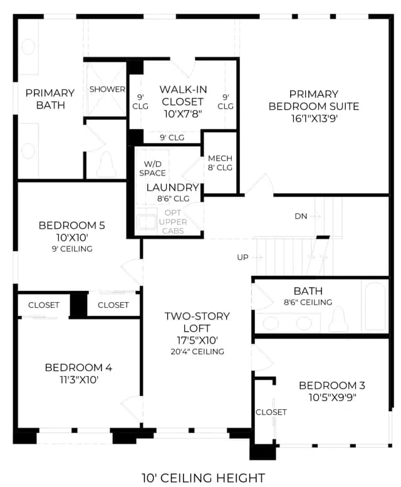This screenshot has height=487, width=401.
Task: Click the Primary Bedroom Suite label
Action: (313, 100)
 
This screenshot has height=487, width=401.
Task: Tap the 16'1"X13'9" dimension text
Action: (314, 118)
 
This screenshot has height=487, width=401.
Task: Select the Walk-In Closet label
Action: (183, 95)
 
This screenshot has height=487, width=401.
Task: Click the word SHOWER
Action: (107, 90)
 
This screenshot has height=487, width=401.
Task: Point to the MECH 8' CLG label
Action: (220, 163)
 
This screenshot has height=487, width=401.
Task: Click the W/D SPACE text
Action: (152, 169)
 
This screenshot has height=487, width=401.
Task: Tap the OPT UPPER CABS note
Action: (173, 222)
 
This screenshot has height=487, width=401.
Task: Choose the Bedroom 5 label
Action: (71, 226)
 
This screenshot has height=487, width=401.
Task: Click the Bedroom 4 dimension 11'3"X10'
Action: (79, 380)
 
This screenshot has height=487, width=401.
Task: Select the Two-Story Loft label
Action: (197, 322)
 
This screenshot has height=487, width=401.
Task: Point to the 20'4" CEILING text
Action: (197, 352)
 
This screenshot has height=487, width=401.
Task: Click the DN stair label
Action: (301, 216)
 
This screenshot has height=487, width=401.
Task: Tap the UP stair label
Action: (242, 258)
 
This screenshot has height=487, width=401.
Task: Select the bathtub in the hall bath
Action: (375, 306)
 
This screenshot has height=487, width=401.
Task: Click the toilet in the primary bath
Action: (107, 165)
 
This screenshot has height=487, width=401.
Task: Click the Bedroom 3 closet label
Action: (271, 412)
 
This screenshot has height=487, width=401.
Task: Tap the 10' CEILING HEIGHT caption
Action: (204, 478)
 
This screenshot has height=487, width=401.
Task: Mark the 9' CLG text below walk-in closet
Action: (172, 138)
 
